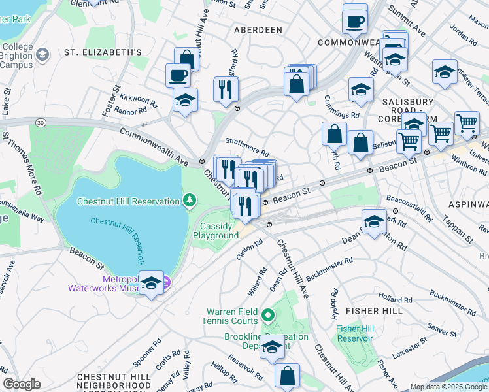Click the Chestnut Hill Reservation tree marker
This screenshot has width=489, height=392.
[x=190, y=199]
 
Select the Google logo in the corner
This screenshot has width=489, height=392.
[x=22, y=384]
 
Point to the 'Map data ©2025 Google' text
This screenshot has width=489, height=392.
[x=448, y=387]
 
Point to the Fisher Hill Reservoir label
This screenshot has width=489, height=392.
[x=355, y=333]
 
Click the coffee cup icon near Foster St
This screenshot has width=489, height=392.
[x=178, y=75]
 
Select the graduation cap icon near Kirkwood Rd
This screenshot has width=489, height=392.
[x=185, y=100]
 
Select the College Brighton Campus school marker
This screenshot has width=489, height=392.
[x=43, y=54]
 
